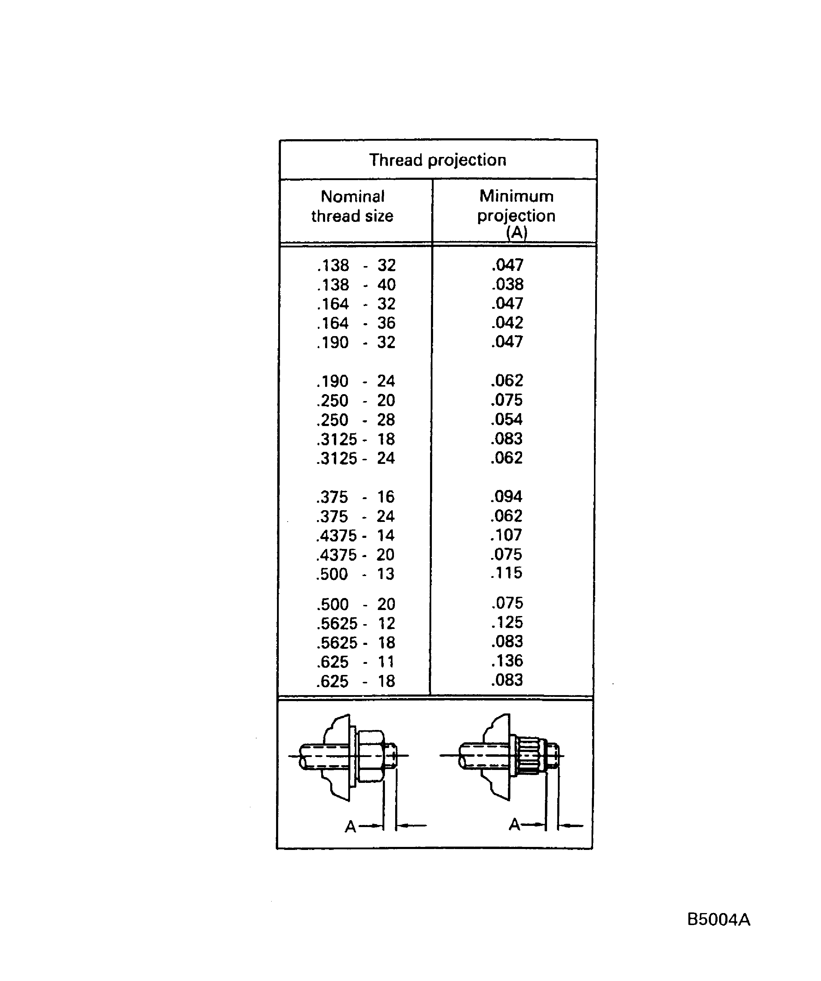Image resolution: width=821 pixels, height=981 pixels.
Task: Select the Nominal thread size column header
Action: (352, 206)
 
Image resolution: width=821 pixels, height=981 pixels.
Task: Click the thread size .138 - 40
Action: (356, 284)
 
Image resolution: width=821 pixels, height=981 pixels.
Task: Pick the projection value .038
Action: (507, 284)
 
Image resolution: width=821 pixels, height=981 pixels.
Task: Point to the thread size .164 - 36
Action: (356, 323)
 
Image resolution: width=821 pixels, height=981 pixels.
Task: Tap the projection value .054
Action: (507, 419)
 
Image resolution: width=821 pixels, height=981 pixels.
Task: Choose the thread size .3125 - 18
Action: (355, 439)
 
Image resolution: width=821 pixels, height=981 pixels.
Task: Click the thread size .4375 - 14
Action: (355, 535)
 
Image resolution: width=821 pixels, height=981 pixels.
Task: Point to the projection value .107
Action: (506, 535)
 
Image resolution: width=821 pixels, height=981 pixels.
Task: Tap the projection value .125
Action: (507, 623)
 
